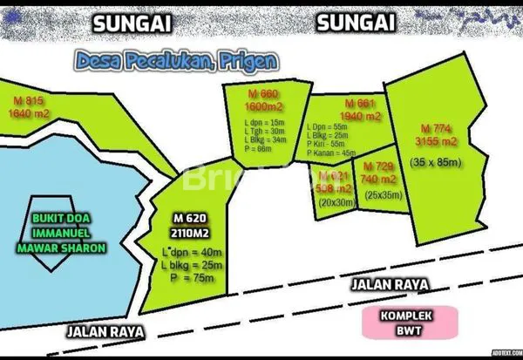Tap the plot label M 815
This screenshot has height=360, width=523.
[17, 99]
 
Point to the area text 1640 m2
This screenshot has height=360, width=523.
[29, 112]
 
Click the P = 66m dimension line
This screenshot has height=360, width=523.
[260, 149]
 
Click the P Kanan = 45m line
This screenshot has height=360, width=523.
[332, 153]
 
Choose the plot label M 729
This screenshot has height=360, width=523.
[378, 166]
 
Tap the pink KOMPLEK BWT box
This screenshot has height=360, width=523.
[409, 322]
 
